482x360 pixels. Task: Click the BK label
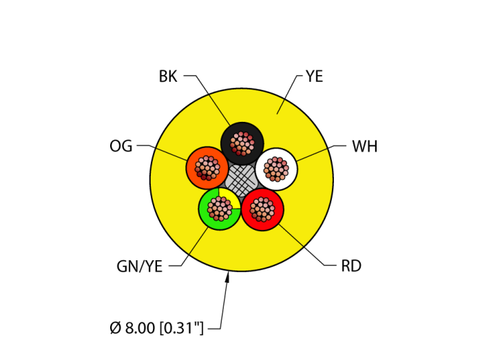click(x=168, y=76)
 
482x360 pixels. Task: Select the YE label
click(x=314, y=76)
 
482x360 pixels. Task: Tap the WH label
click(x=364, y=147)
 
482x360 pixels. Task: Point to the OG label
click(x=120, y=146)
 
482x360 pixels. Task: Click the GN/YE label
click(x=140, y=267)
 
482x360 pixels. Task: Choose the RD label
click(x=351, y=266)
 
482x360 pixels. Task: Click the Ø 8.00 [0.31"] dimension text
click(x=157, y=328)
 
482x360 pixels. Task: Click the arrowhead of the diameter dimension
click(x=228, y=277)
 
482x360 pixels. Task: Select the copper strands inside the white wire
click(x=276, y=169)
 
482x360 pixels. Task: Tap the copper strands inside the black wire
click(x=242, y=143)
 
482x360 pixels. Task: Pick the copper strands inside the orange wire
click(x=207, y=167)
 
